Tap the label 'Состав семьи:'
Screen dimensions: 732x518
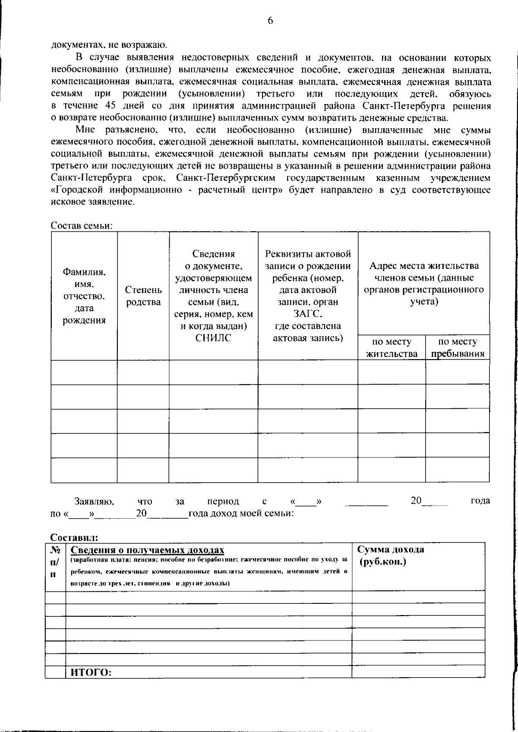pyautogui.click(x=82, y=225)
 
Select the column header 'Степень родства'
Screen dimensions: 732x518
pyautogui.click(x=143, y=296)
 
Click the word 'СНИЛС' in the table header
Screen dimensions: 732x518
pyautogui.click(x=213, y=338)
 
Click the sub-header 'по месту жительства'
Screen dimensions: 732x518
pyautogui.click(x=392, y=348)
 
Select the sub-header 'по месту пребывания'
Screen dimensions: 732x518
pyautogui.click(x=458, y=348)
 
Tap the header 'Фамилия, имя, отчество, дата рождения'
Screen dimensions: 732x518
pyautogui.click(x=84, y=296)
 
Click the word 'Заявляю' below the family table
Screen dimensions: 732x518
pyautogui.click(x=94, y=502)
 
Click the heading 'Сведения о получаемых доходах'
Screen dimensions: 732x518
pyautogui.click(x=147, y=550)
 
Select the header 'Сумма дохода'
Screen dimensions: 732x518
pyautogui.click(x=391, y=549)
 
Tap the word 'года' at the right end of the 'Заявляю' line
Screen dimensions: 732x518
pyautogui.click(x=480, y=501)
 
